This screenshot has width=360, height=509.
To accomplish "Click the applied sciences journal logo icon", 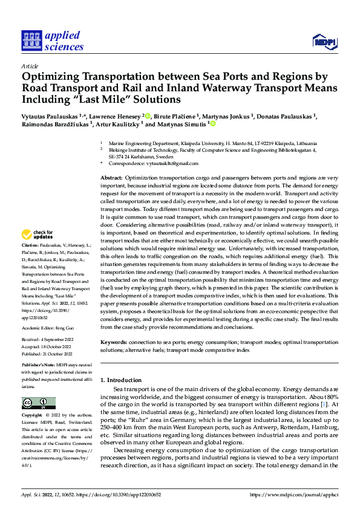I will [31, 41].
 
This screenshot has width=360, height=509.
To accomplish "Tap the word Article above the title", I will [30, 65].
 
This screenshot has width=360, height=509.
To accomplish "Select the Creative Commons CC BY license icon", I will [38, 403].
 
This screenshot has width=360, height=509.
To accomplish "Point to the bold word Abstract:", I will [111, 178].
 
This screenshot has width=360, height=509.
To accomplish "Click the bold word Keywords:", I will [114, 343].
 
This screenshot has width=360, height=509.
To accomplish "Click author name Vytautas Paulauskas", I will [50, 115].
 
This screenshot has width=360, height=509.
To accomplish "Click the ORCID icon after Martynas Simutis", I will [212, 123].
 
